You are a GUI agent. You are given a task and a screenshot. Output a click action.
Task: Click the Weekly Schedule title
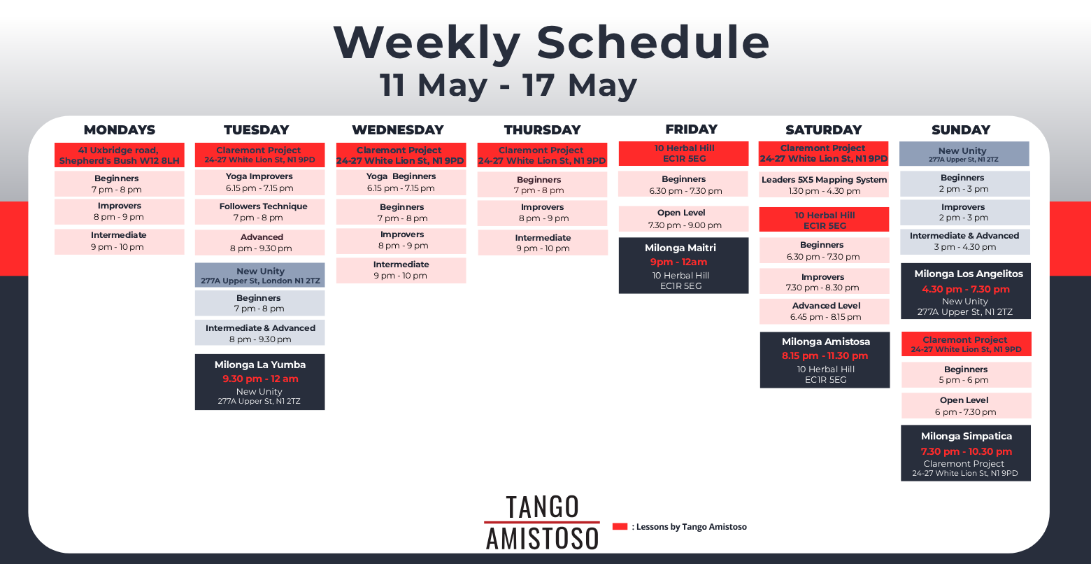(x=551, y=43)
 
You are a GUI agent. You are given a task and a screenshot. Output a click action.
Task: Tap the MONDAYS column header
(x=120, y=129)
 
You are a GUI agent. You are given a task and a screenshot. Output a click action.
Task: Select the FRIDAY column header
(x=691, y=129)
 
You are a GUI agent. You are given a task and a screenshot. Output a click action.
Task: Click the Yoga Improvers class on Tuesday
(x=259, y=183)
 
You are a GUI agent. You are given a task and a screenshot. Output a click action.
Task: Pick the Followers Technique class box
(x=259, y=212)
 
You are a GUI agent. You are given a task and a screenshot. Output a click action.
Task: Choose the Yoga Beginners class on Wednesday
(x=401, y=183)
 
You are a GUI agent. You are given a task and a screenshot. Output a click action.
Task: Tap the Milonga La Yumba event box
(x=259, y=382)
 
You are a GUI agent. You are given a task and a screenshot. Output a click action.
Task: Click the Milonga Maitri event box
(x=683, y=266)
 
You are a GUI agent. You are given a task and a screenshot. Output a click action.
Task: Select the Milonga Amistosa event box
(x=825, y=360)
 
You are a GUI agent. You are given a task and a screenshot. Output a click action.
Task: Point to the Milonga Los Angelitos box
(x=965, y=292)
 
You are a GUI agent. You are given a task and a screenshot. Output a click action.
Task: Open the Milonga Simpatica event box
(x=965, y=453)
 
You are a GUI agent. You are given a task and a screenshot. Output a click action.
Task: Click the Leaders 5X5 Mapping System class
(x=824, y=185)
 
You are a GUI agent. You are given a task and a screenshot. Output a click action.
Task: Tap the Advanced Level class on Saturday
(x=825, y=311)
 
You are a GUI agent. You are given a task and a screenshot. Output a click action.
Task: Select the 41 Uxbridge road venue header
(x=120, y=155)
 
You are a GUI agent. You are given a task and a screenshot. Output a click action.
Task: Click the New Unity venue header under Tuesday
(x=259, y=276)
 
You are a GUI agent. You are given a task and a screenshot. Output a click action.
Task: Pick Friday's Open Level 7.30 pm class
(x=683, y=219)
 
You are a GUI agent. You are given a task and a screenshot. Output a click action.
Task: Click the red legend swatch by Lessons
(x=620, y=526)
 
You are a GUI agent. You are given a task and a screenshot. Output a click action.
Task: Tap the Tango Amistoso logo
(x=542, y=523)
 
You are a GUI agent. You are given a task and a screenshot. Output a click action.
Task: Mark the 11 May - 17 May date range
(x=508, y=85)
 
